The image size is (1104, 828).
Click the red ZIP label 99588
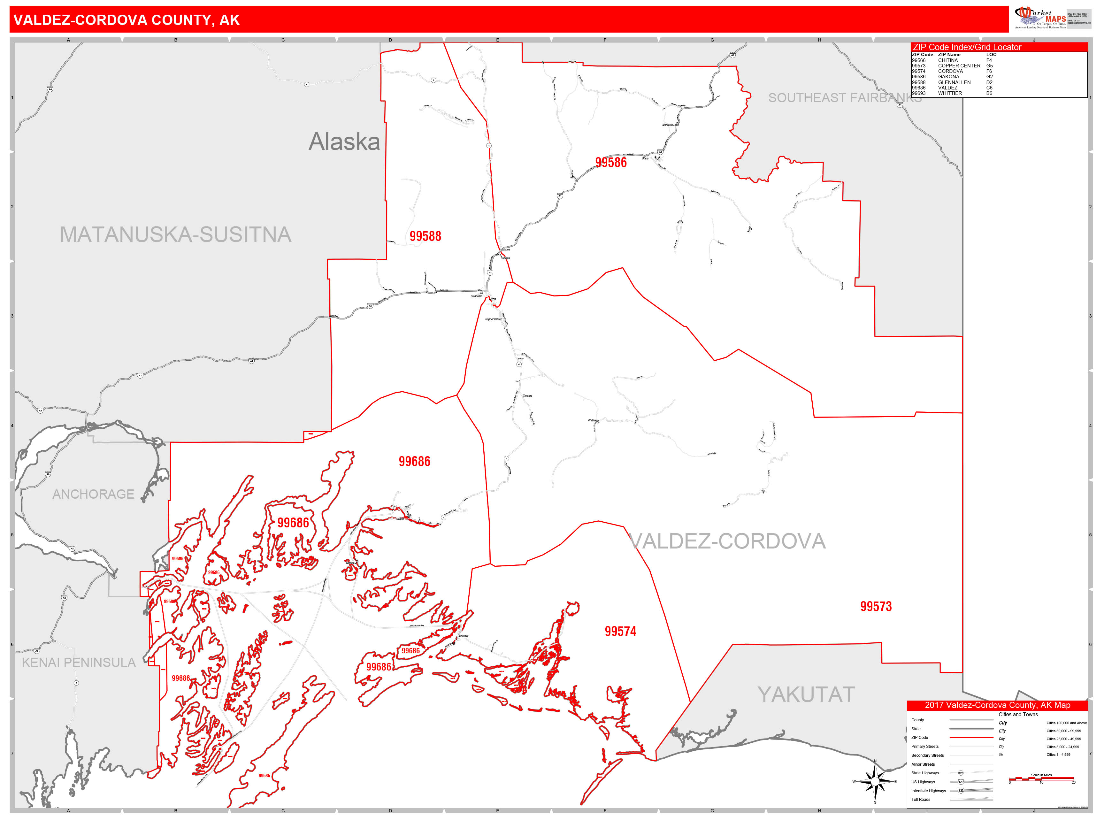coord(425,236)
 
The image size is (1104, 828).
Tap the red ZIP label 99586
coord(610,162)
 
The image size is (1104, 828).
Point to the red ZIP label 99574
coord(620,631)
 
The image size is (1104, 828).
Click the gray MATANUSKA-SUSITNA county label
coord(176,234)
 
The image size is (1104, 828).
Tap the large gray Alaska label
coord(344,142)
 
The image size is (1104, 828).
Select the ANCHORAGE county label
coord(93,494)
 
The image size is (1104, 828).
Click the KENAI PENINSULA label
coord(79,662)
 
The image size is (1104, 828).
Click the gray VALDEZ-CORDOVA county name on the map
coord(728,541)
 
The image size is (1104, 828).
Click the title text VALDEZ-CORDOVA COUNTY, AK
coord(126,20)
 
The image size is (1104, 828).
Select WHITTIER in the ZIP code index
coord(950,93)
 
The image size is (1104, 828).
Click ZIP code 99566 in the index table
coord(918,60)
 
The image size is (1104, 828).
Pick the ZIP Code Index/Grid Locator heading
coord(967,47)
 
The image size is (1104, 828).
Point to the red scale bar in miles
coord(1041,778)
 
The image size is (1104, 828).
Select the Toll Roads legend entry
coord(921,800)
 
